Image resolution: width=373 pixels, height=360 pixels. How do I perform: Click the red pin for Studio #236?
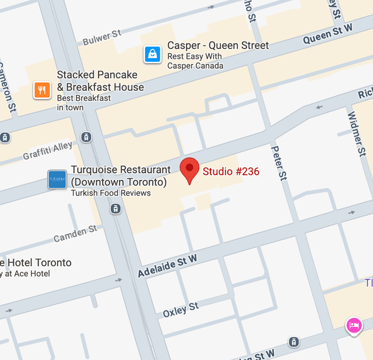point(189,170)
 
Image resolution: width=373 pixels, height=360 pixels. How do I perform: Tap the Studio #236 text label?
point(231,171)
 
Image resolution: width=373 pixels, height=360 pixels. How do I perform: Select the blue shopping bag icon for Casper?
point(153,55)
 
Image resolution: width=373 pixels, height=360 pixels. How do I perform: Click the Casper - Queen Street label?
point(218,45)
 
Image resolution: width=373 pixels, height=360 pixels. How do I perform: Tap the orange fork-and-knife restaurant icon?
point(41,90)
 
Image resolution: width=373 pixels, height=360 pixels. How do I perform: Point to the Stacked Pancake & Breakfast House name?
point(100,81)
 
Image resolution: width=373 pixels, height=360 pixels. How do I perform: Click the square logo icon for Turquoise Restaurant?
point(57,180)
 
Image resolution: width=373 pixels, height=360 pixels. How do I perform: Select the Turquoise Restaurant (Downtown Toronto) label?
point(121,176)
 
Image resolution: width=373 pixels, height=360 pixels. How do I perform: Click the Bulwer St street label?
point(102,38)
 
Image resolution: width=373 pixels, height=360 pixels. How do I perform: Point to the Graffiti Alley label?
point(48,151)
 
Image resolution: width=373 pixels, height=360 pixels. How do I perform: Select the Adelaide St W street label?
point(167,266)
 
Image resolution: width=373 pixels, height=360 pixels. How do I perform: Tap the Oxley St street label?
point(181,309)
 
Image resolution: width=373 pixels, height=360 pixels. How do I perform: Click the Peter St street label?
point(279,163)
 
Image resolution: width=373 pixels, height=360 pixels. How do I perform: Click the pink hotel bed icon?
point(353,325)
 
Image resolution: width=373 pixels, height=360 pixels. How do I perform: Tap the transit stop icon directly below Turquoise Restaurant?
point(116,208)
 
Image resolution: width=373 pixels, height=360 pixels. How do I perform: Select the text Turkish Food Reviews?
point(111,193)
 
